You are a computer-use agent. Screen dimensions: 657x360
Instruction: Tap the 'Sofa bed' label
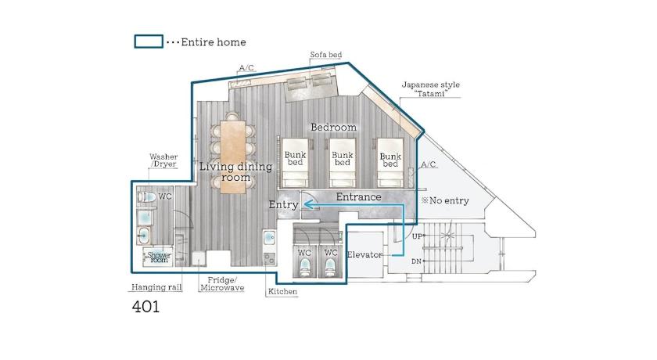tap(326, 55)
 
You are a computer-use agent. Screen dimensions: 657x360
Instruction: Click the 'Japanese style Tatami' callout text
tap(431, 89)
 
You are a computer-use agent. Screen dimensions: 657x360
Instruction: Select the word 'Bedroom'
tap(333, 127)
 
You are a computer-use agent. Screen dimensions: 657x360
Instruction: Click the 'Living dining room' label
tap(236, 172)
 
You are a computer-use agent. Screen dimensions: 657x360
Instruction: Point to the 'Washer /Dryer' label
tap(163, 160)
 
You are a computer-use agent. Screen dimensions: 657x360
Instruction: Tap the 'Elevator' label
tap(364, 254)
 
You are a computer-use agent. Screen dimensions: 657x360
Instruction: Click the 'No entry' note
tap(445, 201)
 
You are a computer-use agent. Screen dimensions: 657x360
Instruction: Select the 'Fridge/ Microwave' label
tap(222, 284)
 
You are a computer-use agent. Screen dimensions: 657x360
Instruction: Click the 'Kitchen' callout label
tap(282, 292)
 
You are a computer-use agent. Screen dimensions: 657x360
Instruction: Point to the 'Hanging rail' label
tap(156, 287)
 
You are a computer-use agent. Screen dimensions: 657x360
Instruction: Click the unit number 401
tap(145, 307)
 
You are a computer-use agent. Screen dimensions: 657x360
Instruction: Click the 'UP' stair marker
tap(417, 236)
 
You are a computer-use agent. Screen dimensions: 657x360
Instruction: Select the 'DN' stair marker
tap(416, 261)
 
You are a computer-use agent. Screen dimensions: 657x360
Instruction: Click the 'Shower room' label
tap(159, 257)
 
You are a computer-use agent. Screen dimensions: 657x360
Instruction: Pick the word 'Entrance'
tap(359, 196)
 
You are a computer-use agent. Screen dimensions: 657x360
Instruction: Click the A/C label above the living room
tap(246, 68)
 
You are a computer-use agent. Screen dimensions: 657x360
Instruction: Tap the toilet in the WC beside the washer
tap(147, 196)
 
